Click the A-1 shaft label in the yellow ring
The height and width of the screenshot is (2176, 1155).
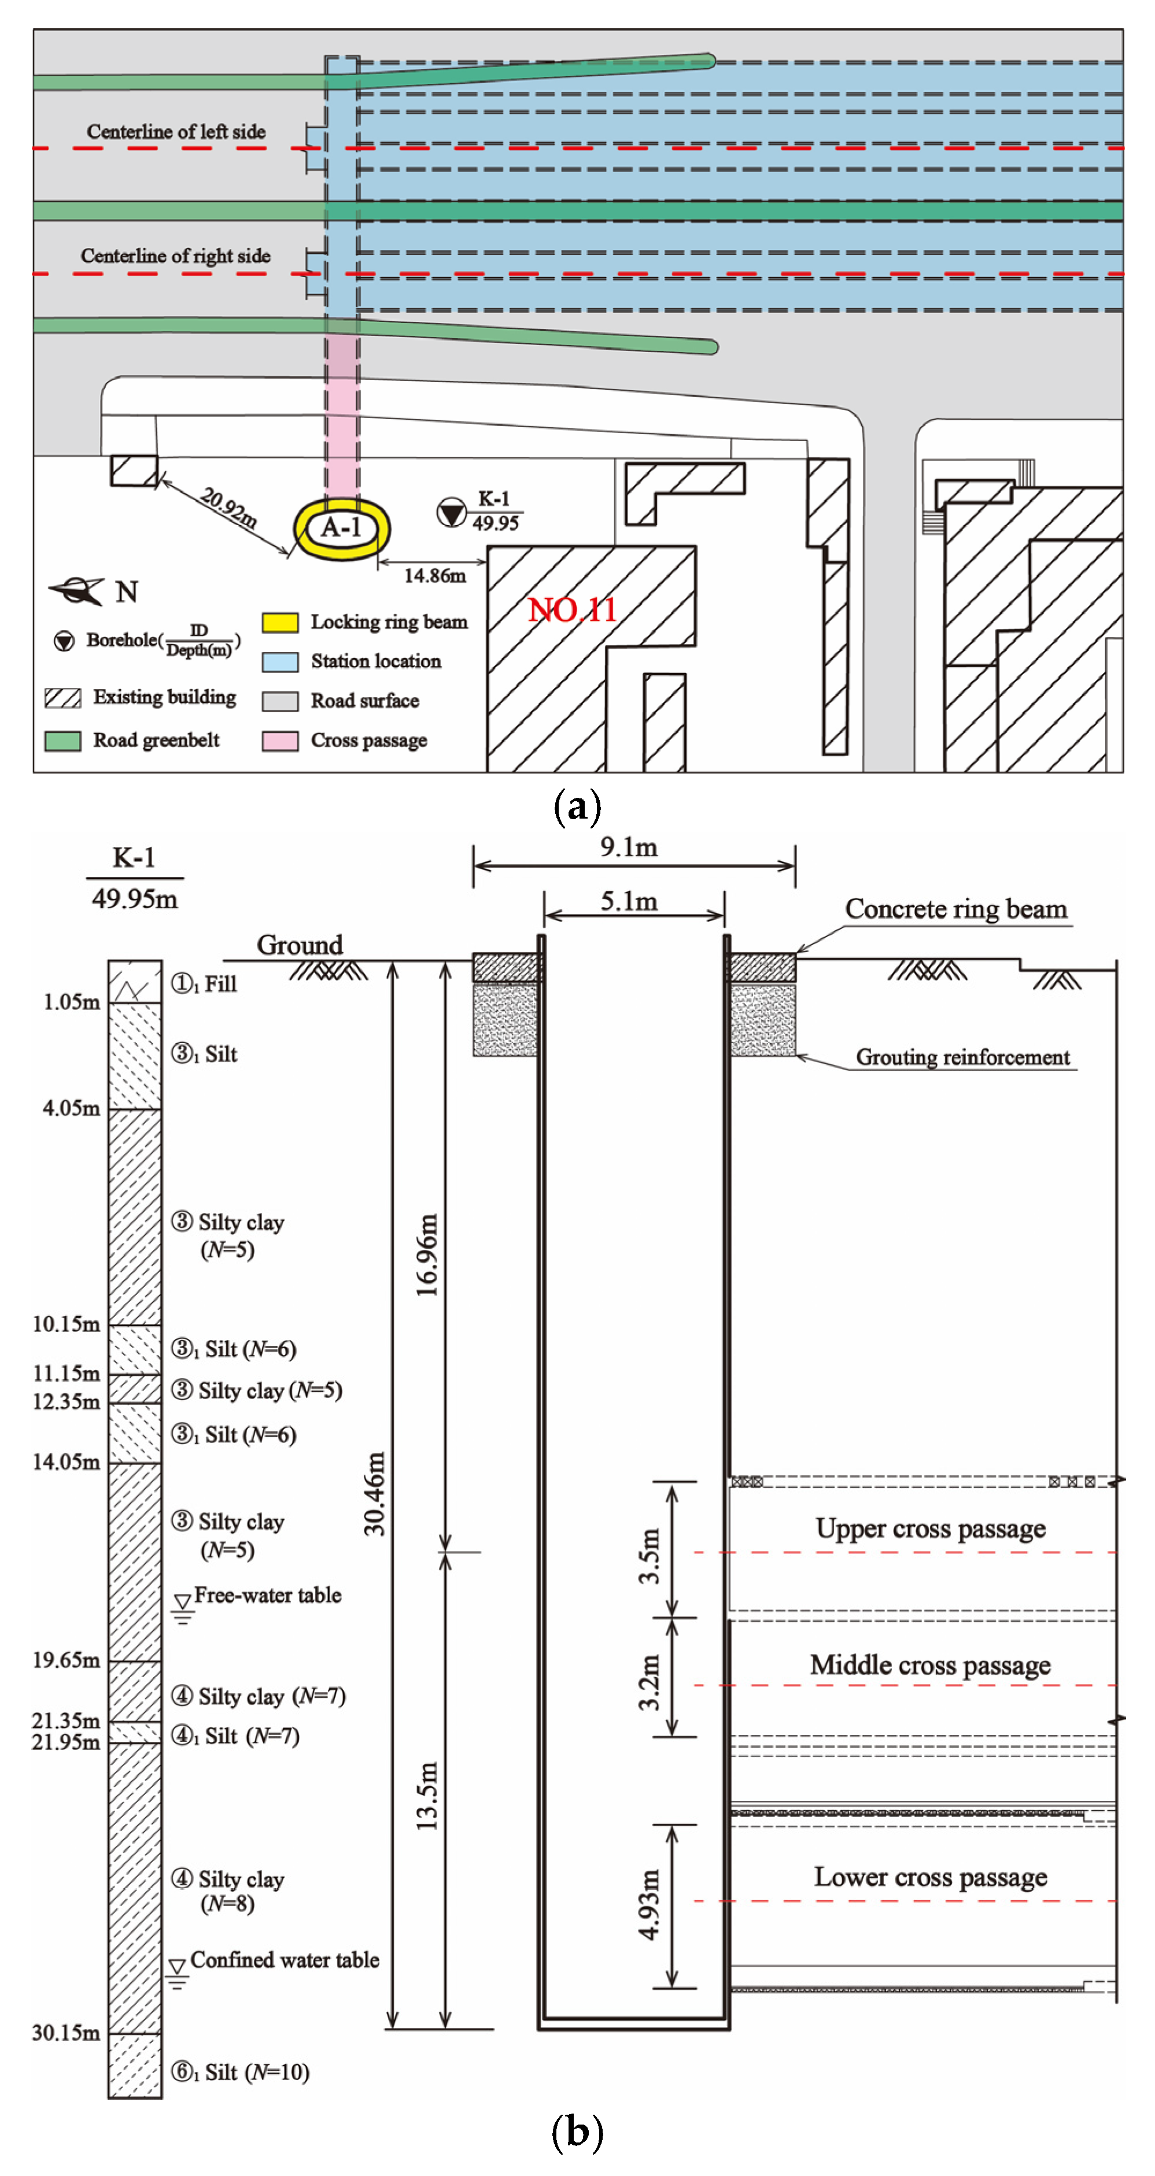(x=341, y=527)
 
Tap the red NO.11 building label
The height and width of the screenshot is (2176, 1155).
(x=572, y=610)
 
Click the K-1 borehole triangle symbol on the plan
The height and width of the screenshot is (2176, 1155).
(x=452, y=512)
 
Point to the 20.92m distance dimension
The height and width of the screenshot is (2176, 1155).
(x=228, y=508)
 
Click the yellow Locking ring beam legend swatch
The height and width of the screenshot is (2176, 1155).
(x=280, y=623)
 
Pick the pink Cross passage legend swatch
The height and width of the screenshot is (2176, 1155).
(x=280, y=741)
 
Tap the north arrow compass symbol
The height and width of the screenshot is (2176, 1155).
(x=78, y=590)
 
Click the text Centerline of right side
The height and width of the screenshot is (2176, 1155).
(x=176, y=256)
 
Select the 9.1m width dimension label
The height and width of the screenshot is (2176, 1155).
(x=629, y=848)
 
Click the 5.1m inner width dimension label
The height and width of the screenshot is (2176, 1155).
(x=629, y=901)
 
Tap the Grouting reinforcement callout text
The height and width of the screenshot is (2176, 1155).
(x=962, y=1057)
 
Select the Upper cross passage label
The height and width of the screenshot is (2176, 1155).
(x=930, y=1529)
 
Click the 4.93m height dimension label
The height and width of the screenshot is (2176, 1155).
(x=648, y=1905)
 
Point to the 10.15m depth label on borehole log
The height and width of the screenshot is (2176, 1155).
(x=66, y=1324)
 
